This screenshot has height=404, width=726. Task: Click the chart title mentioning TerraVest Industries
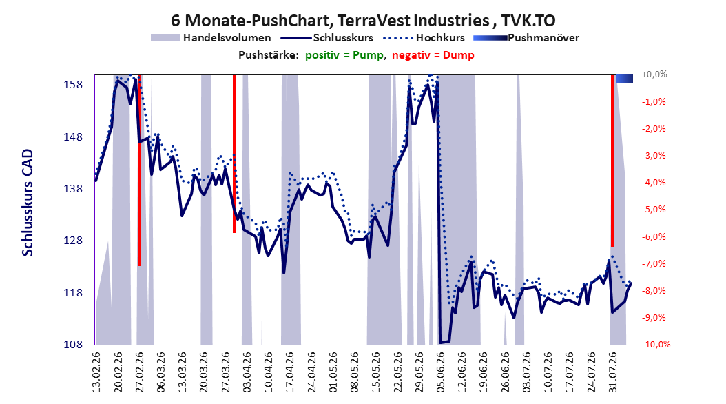(363, 21)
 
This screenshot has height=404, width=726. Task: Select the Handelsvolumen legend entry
(211, 38)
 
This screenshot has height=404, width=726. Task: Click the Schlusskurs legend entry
(327, 38)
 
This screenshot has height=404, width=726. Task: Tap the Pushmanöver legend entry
(526, 38)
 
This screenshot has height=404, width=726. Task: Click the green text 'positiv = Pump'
(344, 55)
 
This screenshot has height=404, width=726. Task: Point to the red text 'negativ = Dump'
(433, 55)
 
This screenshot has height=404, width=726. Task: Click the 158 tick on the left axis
(73, 85)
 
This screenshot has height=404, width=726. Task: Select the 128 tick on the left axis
(73, 241)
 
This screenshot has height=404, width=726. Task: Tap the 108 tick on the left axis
(73, 344)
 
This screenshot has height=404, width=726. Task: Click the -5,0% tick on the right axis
(654, 210)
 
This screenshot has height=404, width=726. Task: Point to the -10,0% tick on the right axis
(656, 344)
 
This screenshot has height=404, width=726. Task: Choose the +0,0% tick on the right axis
(654, 74)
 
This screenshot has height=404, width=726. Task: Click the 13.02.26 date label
(96, 372)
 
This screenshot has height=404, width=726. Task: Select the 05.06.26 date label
(440, 372)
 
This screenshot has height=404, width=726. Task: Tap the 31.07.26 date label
(612, 372)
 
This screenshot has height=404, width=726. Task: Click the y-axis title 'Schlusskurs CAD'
(28, 202)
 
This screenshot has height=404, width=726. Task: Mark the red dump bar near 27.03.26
(234, 153)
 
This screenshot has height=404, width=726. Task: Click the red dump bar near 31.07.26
(612, 161)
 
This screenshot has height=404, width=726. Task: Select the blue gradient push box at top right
(623, 79)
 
